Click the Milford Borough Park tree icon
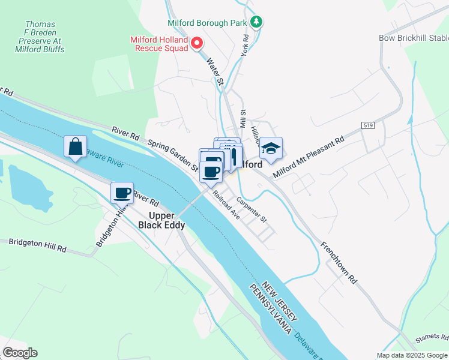[x=257, y=22]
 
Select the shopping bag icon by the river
[x=76, y=147]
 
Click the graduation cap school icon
[x=271, y=148]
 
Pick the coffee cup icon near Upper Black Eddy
[x=122, y=193]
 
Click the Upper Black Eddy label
[x=161, y=220]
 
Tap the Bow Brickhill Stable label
[x=414, y=38]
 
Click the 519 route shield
[x=368, y=125]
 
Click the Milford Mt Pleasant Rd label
[x=308, y=157]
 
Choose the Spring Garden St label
[x=173, y=155]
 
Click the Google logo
[x=20, y=353]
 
